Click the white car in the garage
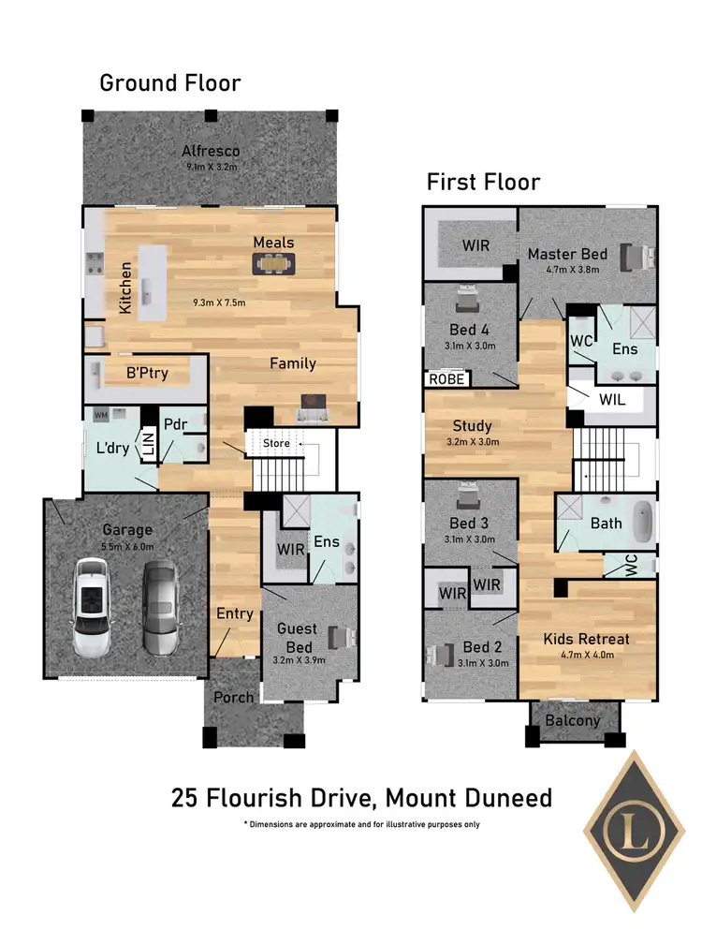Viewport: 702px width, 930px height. pos(93,606)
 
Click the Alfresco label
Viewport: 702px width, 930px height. pos(211,151)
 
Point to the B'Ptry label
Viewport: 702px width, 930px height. pos(147,374)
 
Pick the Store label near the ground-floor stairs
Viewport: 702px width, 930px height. pos(276,443)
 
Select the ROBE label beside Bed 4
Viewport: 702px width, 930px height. pos(446,379)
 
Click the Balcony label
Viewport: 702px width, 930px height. pos(575,721)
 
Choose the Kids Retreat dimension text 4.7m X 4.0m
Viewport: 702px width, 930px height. pos(586,656)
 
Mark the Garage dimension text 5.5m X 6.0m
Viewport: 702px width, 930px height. pos(128,546)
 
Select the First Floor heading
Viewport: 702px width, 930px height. pos(483,182)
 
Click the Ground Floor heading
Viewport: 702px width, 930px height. pos(170,83)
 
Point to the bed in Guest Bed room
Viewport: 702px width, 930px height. pos(344,638)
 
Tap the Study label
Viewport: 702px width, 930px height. pos(472,427)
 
